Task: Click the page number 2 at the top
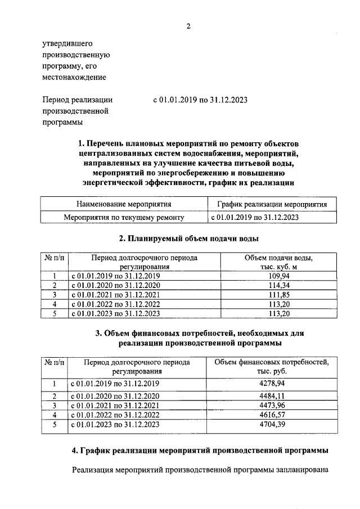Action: tap(188, 26)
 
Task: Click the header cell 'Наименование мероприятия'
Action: tap(124, 204)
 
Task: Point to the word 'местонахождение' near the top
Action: tap(74, 77)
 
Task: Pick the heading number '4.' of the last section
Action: tap(76, 451)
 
